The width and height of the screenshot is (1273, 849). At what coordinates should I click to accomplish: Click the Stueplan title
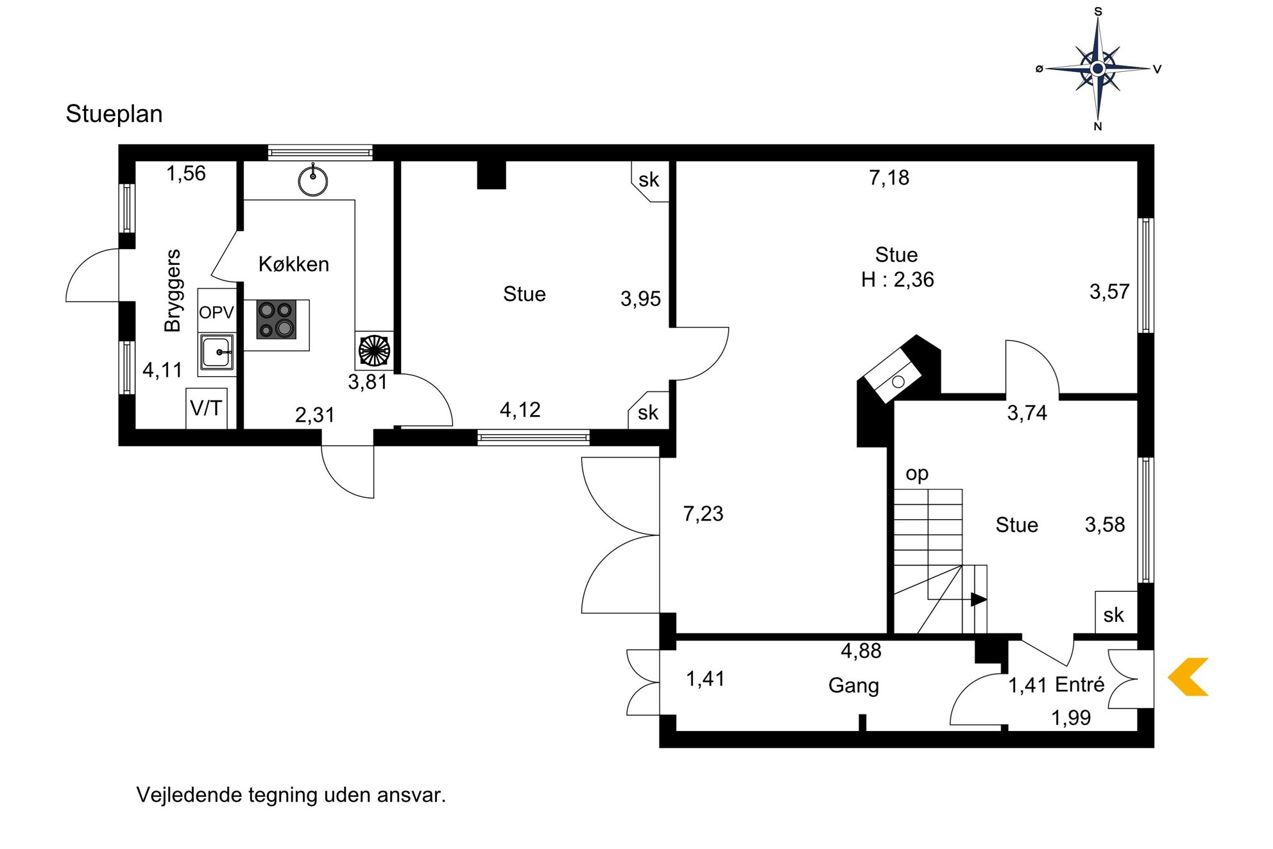coord(114,114)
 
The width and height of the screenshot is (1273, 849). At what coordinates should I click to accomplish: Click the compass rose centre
coord(1098,68)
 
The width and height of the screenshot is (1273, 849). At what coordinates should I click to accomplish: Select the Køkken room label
coord(294,264)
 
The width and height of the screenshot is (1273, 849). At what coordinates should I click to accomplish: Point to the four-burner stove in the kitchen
coord(277,320)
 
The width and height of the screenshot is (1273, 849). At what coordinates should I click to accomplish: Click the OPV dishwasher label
coord(216,313)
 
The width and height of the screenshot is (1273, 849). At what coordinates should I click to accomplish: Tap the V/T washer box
coord(206,408)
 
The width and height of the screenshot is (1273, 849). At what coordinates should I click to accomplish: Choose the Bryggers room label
coord(172,291)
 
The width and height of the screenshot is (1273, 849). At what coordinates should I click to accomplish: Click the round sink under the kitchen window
coord(313,181)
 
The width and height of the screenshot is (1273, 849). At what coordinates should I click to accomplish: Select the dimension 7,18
coord(889,178)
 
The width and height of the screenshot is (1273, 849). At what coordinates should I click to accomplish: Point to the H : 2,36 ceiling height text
coord(898,280)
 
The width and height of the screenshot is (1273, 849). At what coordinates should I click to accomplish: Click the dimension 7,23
coord(703,514)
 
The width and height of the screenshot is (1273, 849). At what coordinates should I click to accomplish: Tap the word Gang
coord(853,685)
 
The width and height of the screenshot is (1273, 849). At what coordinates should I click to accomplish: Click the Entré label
coord(1080,684)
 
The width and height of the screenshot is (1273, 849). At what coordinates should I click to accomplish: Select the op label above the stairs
coord(917,474)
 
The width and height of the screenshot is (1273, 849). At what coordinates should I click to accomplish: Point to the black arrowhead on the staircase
coord(978,599)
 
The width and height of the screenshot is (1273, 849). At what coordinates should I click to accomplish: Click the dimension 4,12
coord(520,410)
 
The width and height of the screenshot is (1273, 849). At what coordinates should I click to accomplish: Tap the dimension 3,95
coord(640,299)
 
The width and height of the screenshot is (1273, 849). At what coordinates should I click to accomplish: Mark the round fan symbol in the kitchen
coord(374,350)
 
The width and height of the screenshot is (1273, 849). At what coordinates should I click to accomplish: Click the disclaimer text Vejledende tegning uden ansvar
coord(291,795)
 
